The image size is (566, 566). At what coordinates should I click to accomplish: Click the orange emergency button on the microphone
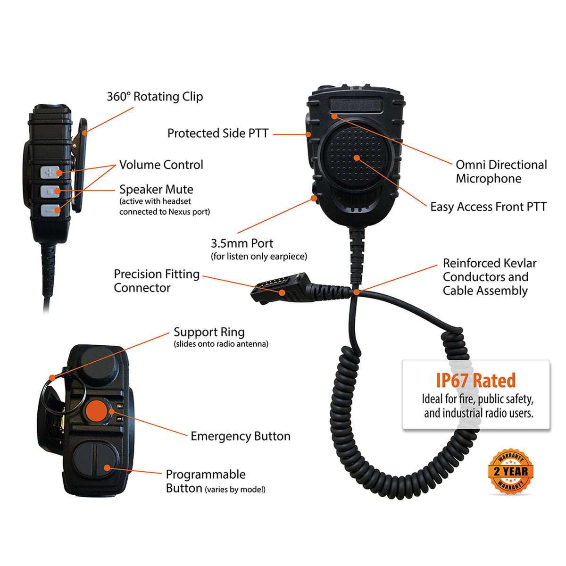point(97,411)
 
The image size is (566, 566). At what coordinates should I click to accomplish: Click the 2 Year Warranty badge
point(510,471)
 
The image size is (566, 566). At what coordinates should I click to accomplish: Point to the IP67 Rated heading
point(475,380)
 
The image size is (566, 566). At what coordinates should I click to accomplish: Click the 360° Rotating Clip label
point(155,97)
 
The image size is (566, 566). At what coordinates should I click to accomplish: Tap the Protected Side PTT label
point(218,133)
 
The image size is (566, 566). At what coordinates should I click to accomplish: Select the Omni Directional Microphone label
point(501,172)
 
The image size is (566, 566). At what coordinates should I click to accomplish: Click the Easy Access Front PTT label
point(488,207)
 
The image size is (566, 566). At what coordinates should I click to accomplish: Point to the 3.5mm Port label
point(242,243)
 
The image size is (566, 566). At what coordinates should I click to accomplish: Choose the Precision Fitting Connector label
point(157,281)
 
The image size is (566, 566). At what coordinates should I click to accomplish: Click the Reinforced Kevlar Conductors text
point(489,277)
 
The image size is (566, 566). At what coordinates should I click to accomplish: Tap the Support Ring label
point(209,332)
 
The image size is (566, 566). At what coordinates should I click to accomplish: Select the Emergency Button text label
point(240,436)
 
